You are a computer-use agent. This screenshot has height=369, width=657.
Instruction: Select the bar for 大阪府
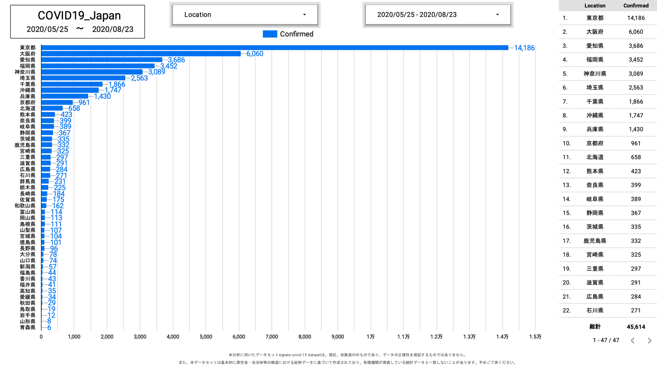(141, 54)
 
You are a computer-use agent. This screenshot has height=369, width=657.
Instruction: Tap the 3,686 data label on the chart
(176, 60)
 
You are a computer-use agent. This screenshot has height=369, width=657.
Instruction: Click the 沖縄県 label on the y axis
(27, 90)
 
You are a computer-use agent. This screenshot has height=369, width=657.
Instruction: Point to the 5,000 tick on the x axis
(206, 337)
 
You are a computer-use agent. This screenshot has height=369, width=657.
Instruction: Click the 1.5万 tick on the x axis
(535, 337)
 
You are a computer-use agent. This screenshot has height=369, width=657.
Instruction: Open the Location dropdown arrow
(304, 15)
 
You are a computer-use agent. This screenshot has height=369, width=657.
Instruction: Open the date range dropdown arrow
(497, 15)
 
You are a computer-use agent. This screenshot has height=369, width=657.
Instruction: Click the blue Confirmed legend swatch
(270, 34)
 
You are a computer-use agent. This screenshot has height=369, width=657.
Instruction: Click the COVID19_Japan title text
(79, 16)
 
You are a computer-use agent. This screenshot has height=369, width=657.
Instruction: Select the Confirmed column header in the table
(636, 5)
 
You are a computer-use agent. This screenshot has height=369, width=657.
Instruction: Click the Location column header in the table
(595, 5)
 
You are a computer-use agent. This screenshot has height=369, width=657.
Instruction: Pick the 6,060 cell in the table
(636, 32)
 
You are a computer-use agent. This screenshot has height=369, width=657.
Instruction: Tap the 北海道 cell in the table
(595, 157)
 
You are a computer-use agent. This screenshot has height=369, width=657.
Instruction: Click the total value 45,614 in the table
(636, 327)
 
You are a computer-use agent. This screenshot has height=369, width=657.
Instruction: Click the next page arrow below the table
(650, 340)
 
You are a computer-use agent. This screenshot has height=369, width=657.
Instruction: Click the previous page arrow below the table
(633, 340)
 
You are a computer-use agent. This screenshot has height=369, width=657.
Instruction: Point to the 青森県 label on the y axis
(27, 328)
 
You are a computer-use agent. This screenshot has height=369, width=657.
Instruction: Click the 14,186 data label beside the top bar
(524, 48)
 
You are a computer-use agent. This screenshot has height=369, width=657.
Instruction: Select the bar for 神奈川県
(92, 72)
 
